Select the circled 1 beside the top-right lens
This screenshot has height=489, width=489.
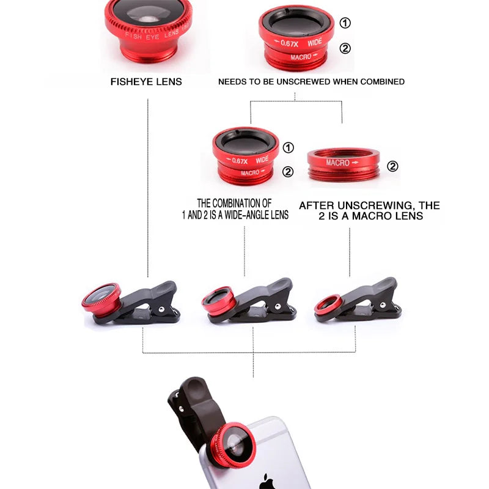point(345,23)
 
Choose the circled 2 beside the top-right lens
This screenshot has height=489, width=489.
point(345,48)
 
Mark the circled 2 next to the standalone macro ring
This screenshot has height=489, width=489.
point(392,166)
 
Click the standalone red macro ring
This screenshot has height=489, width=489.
point(344,163)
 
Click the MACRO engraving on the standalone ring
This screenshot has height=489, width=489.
point(337,163)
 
